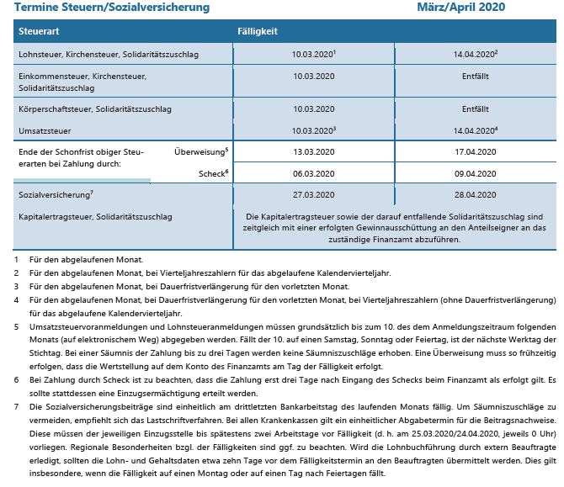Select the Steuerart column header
[x=40, y=31]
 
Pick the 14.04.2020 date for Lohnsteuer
[x=474, y=55]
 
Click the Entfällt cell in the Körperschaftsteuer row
[x=476, y=109]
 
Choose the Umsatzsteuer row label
[x=44, y=131]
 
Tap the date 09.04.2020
[x=476, y=173]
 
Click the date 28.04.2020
[x=476, y=194]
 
